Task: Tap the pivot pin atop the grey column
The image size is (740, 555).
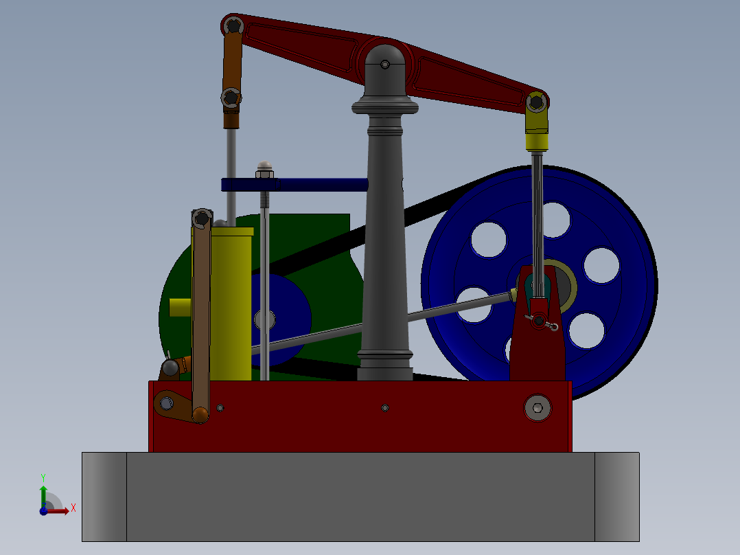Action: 385,65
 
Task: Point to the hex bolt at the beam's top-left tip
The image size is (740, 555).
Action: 234,25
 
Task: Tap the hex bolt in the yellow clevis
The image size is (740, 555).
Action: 536,103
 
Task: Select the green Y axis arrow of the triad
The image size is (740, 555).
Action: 43,492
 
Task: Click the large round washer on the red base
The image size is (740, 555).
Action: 537,408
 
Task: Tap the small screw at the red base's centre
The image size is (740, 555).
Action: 385,408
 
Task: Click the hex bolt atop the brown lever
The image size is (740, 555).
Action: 201,218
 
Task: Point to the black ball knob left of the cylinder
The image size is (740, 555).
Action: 170,367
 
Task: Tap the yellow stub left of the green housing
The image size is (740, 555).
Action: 180,307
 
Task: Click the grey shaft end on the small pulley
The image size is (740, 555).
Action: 264,319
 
